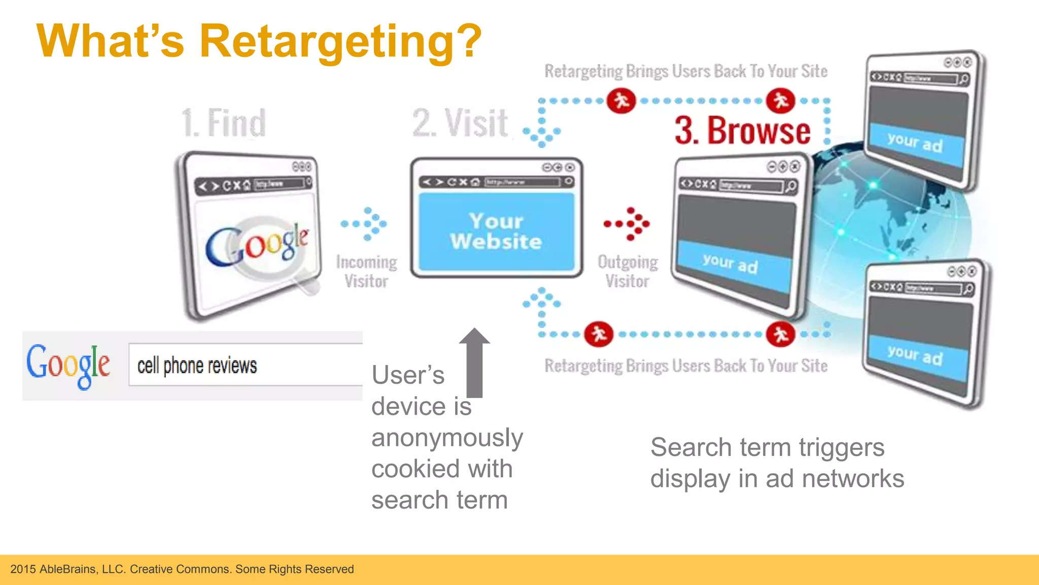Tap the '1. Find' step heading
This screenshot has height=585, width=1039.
[x=224, y=123]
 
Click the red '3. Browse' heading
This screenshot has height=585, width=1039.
[x=742, y=131]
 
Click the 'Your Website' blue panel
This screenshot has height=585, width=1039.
[x=496, y=232]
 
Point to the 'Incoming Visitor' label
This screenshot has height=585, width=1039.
[x=366, y=272]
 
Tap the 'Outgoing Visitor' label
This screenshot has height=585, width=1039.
[x=628, y=272]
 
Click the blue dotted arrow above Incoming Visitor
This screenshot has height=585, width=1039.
[x=366, y=223]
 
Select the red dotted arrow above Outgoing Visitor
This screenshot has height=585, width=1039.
[x=629, y=223]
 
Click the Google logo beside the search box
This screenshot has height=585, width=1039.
[x=68, y=365]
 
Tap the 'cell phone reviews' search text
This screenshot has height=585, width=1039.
[x=197, y=366]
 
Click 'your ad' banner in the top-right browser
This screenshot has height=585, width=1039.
[x=915, y=142]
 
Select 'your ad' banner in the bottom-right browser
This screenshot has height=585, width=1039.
[x=915, y=355]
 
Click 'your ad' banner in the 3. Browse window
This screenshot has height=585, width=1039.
[x=731, y=264]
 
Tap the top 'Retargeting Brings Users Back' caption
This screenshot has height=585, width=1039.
[x=686, y=72]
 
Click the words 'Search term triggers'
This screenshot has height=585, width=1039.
[x=767, y=448]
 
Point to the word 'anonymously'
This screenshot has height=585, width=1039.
[x=447, y=438]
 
